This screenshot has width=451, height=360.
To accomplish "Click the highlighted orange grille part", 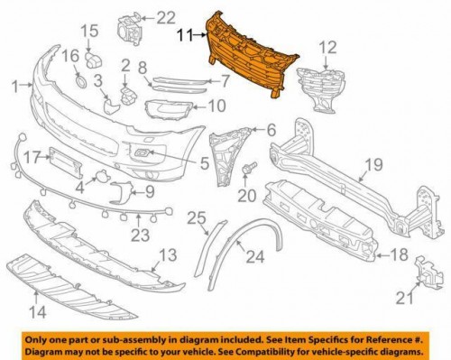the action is [x=250, y=54].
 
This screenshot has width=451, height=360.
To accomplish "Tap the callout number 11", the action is [x=185, y=35].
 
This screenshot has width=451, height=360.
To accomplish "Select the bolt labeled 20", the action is [x=250, y=168].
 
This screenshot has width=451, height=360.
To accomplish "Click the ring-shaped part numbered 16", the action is [x=80, y=81].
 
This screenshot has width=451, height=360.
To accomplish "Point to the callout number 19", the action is [x=373, y=164].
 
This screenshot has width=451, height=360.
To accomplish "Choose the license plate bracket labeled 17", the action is [x=65, y=163].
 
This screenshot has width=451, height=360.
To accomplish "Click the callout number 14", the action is [x=38, y=312].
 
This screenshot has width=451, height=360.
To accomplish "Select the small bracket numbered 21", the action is [x=429, y=272].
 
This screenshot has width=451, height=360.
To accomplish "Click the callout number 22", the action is [x=166, y=18].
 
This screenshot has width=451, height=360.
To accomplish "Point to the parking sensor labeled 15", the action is [x=94, y=60].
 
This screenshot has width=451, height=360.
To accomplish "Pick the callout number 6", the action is [x=271, y=130].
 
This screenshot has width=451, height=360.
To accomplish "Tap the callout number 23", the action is [x=140, y=235].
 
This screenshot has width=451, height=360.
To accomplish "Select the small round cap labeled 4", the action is [x=102, y=176].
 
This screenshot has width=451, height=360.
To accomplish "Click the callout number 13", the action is [x=168, y=255].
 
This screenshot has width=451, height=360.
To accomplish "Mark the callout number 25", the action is [x=197, y=218].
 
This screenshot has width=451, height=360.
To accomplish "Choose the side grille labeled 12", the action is [x=319, y=89].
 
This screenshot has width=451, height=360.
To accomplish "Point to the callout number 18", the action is [x=399, y=255].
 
